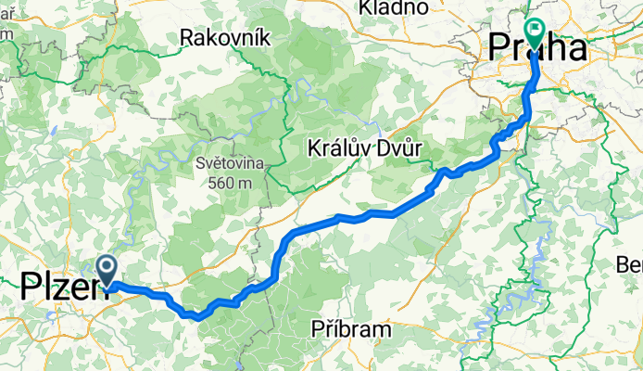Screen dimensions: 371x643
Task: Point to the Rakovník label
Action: click(x=224, y=38)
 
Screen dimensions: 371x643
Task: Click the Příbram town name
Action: click(x=352, y=328)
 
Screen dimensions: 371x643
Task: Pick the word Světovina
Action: click(x=230, y=163)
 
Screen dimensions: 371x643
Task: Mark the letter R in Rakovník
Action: click(x=187, y=38)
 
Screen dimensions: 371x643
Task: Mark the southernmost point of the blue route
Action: click(x=197, y=318)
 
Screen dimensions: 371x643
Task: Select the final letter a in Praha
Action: click(x=575, y=48)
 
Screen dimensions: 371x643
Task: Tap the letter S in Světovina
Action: click(x=199, y=163)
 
